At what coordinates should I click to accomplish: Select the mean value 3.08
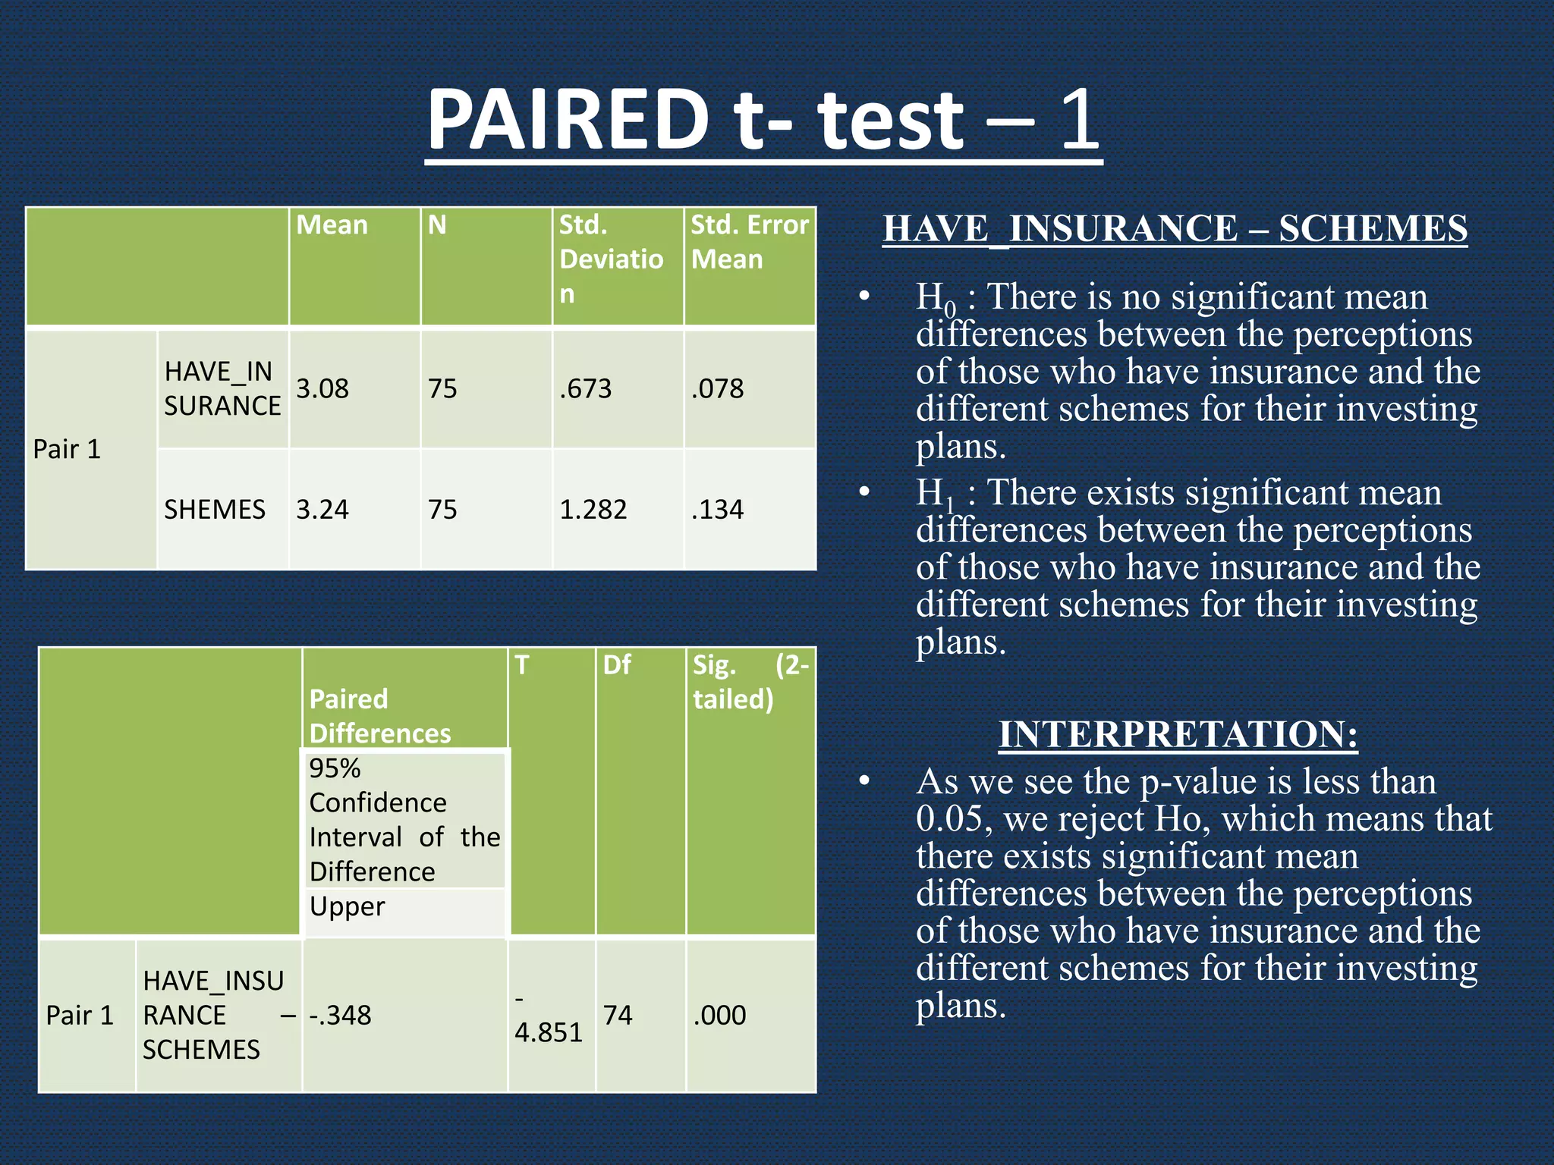[322, 389]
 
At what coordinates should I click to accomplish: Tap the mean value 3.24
[322, 510]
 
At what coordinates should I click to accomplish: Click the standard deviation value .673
[585, 389]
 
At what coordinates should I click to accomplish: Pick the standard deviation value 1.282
[593, 510]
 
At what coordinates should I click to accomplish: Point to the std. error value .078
[717, 389]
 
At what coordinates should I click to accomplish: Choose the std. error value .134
[717, 510]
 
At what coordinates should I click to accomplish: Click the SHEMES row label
[215, 510]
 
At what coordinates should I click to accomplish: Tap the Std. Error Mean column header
[750, 242]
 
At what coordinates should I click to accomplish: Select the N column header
[437, 225]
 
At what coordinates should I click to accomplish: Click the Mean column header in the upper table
[332, 225]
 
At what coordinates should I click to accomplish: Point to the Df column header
[617, 665]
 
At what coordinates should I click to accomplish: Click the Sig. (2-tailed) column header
[750, 682]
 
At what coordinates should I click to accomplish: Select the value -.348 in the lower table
[340, 1016]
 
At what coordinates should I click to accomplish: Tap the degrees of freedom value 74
[618, 1016]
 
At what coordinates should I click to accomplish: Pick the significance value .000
[719, 1016]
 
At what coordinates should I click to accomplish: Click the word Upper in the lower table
[348, 907]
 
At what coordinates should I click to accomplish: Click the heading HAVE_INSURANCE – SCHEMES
[1175, 229]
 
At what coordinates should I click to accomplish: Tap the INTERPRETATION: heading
[1178, 734]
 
